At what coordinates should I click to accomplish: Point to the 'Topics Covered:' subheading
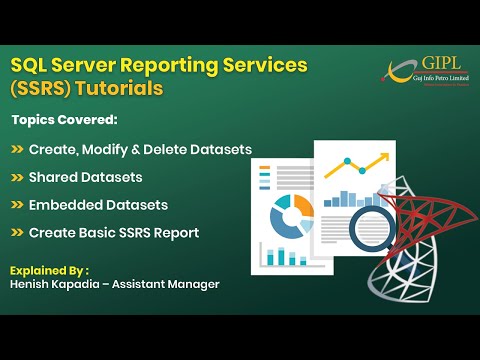click(64, 120)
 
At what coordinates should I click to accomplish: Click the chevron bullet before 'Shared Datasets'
click(19, 177)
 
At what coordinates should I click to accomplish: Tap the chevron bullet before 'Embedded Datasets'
click(19, 205)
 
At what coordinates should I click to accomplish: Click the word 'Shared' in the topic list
click(58, 177)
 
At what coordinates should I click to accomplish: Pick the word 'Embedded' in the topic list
click(68, 205)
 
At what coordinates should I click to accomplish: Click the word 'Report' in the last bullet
click(176, 233)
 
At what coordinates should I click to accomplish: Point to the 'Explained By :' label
click(50, 270)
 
